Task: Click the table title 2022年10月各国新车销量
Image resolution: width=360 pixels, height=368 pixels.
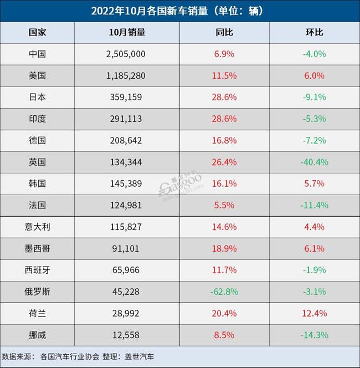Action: pos(180,11)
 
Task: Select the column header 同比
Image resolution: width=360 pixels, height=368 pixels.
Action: pos(224,32)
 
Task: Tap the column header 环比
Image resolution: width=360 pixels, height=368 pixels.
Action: pos(314,32)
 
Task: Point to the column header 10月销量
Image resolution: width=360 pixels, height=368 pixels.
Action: pos(127,32)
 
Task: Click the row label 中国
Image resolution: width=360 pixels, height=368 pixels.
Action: pos(37,54)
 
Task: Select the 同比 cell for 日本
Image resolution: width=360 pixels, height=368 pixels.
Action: pos(224,97)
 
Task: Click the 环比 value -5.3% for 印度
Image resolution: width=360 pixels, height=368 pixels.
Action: pos(314,119)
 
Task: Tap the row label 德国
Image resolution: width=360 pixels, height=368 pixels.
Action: pos(37,140)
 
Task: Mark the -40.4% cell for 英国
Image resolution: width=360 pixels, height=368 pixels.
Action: pos(314,162)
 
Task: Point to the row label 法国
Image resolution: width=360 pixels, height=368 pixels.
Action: pos(37,205)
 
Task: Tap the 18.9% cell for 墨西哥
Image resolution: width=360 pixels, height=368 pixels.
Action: pos(224,248)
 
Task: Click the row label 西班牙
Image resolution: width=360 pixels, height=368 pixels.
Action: pos(37,270)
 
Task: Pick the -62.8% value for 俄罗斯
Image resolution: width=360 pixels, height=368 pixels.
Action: pos(224,292)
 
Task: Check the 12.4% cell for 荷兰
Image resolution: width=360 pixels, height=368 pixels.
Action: pos(314,313)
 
